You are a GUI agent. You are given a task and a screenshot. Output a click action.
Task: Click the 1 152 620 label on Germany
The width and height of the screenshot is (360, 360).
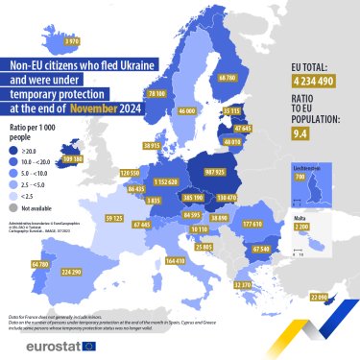(166, 180)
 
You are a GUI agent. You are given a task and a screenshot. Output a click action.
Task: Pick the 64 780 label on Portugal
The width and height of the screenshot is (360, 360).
(40, 263)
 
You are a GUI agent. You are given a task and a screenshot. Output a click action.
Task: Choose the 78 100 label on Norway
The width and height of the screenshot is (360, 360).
(157, 94)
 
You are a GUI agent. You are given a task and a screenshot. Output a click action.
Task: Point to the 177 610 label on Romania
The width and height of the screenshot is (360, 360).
(253, 223)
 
